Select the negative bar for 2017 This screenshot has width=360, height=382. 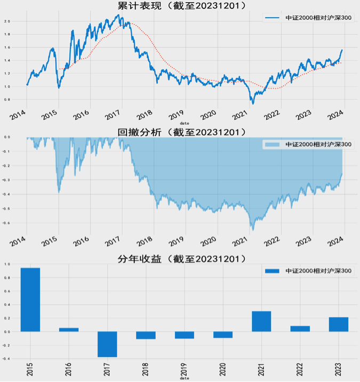click(x=107, y=344)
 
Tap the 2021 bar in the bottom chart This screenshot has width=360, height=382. click(x=261, y=321)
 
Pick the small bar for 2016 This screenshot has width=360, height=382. click(x=69, y=330)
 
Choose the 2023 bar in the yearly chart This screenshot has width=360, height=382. click(x=338, y=324)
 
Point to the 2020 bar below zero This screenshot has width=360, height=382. click(x=223, y=335)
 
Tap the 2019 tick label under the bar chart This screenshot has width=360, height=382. click(x=185, y=368)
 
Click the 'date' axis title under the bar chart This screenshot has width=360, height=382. click(x=184, y=379)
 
